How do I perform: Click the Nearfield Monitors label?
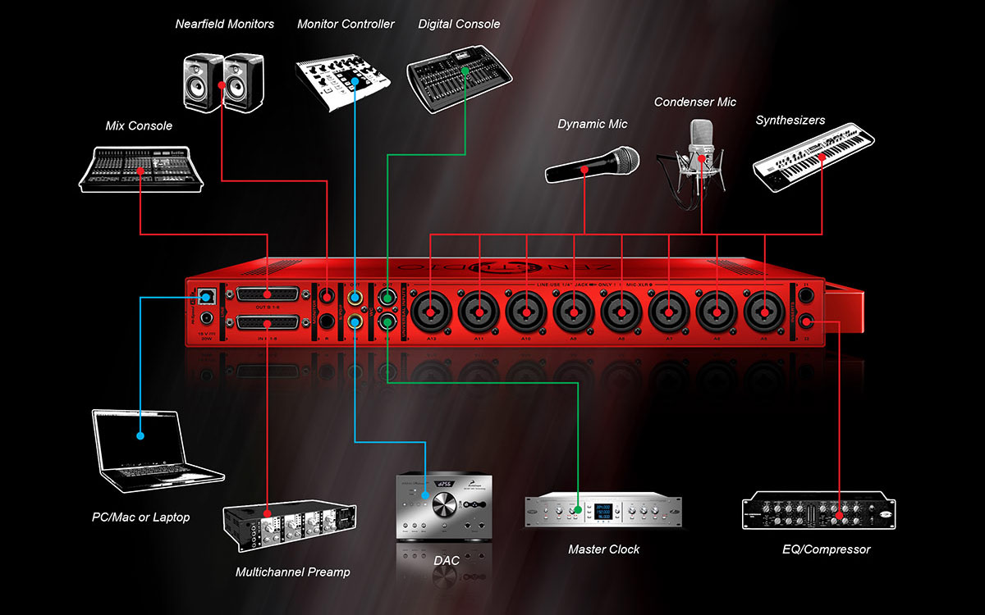[x=224, y=24]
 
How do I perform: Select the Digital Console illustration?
[x=457, y=76]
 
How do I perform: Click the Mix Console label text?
[x=139, y=125]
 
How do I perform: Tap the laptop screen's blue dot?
[x=140, y=435]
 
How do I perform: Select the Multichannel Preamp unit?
[x=288, y=530]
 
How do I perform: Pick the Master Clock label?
[x=603, y=549]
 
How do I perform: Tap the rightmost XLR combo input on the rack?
[x=762, y=312]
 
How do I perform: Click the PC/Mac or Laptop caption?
[x=140, y=517]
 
